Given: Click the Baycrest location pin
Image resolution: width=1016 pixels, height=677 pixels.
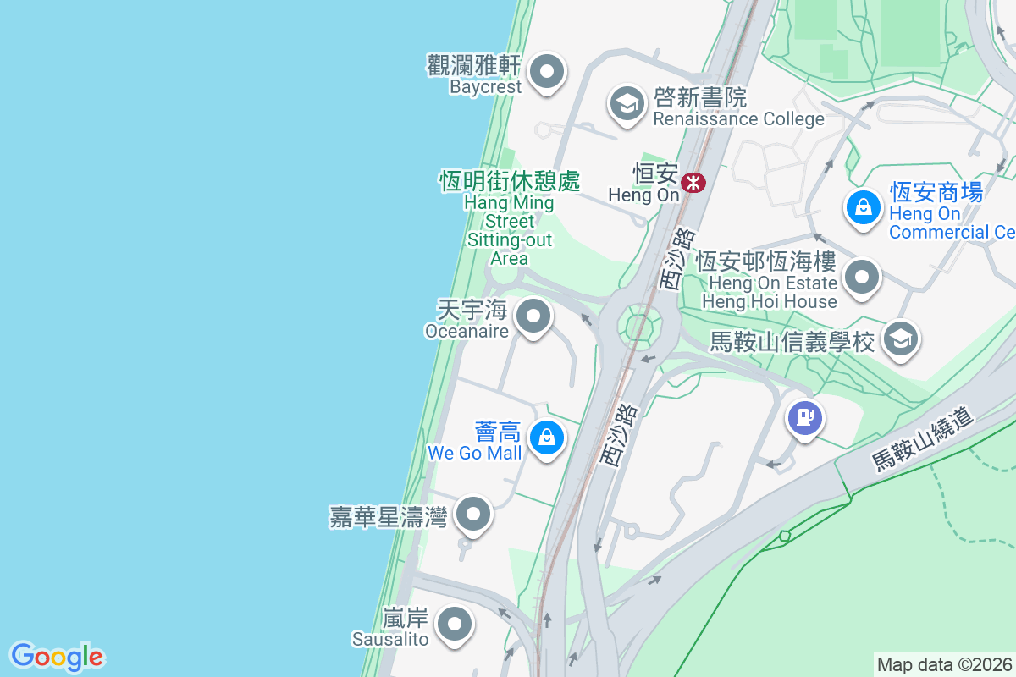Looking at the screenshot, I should point(547,72).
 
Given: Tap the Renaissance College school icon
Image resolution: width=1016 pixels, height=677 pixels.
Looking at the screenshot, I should point(627,104).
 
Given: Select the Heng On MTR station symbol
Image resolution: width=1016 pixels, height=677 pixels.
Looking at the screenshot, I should point(693,181).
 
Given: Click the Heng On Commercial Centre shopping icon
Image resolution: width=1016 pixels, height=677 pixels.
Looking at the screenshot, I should point(863,206).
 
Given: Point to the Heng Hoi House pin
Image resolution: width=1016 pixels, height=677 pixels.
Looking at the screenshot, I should point(863,277).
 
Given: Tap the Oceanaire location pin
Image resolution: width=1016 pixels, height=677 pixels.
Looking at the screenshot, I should point(533,318).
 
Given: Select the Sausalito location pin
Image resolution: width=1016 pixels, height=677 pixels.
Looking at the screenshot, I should point(455,625).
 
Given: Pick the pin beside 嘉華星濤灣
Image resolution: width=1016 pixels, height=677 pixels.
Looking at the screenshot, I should point(473,514).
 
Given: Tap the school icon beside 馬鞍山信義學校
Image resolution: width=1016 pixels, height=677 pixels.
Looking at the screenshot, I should point(900,339).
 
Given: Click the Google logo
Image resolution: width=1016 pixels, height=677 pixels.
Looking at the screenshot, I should point(57,657).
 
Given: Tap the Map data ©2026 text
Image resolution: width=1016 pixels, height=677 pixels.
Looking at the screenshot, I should point(944,664).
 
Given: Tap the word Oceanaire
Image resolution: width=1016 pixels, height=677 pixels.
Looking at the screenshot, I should point(467,331).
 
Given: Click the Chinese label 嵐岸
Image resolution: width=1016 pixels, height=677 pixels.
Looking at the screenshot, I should point(405,619).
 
